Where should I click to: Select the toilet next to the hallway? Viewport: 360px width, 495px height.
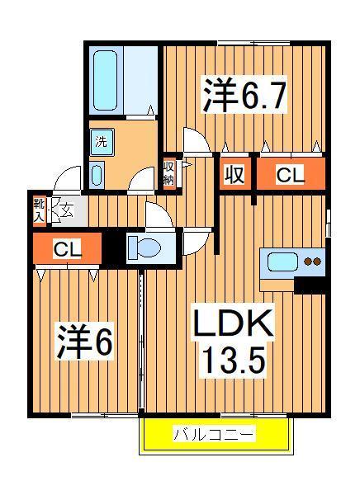coord(145,245)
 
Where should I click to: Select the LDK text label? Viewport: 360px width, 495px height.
coord(234,323)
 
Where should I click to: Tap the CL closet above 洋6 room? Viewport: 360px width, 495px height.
coord(67,248)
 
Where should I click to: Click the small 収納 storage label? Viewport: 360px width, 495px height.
coord(168,173)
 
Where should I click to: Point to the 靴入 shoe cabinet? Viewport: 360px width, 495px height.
coord(39,210)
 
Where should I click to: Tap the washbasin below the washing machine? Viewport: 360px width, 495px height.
coord(97,175)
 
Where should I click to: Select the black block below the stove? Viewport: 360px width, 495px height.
coord(310,285)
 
